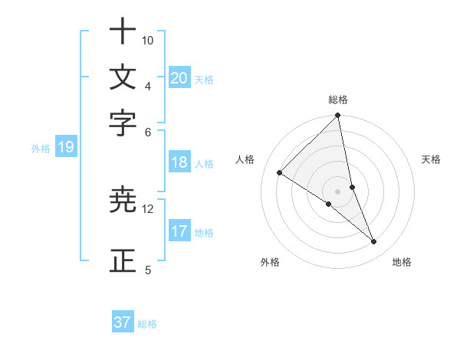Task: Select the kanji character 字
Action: [123, 123]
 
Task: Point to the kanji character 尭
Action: [123, 200]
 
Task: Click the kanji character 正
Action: [123, 261]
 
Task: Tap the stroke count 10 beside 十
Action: [148, 40]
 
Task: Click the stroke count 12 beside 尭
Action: [148, 208]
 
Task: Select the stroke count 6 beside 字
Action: [148, 132]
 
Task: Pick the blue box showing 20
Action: [179, 77]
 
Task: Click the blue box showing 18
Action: [179, 162]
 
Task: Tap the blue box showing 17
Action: [179, 231]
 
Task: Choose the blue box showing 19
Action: [66, 148]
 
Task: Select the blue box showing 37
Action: [123, 322]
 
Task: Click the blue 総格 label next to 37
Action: [147, 324]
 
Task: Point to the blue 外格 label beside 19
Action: [41, 149]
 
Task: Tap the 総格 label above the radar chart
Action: [338, 100]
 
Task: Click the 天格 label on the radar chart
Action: [432, 159]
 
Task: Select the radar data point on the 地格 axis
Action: [374, 242]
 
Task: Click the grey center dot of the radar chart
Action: [338, 191]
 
